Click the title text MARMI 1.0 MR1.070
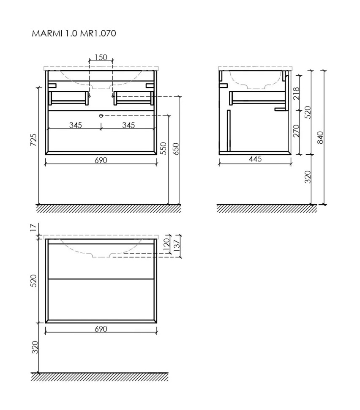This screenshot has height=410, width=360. tap(74, 33)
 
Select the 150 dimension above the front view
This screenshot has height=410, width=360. tap(101, 57)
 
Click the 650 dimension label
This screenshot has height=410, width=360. tap(175, 148)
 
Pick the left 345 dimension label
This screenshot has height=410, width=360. tap(75, 125)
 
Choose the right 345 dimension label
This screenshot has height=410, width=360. tap(128, 125)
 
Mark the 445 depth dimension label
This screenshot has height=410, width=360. tap(255, 159)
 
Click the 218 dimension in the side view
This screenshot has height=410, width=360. tap(296, 93)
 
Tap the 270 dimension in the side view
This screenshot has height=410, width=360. tap(296, 131)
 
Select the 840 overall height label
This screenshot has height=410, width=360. tap(320, 137)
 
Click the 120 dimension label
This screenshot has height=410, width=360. tap(166, 244)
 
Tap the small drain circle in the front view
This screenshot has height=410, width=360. tap(101, 115)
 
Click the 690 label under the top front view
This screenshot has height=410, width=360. tap(101, 160)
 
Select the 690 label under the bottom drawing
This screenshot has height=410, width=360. tap(101, 329)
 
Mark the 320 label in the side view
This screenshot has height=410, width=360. tap(308, 176)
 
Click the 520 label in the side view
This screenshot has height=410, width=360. tap(308, 112)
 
